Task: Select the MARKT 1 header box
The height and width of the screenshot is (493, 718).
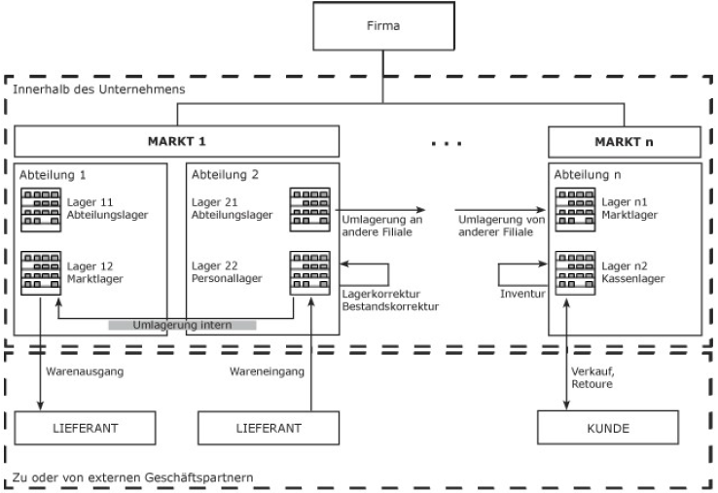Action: tap(176, 141)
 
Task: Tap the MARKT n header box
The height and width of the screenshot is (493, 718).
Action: tap(625, 141)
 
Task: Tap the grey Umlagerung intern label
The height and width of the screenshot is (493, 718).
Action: tap(182, 325)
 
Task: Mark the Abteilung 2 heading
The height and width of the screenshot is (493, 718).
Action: tap(225, 176)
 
